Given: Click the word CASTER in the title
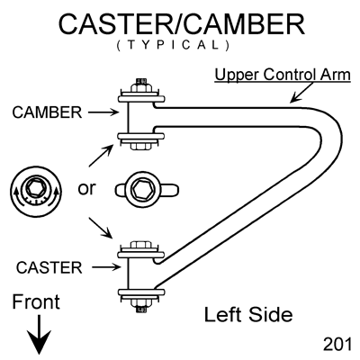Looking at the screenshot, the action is coord(114,24).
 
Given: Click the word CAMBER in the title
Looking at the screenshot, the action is coord(244,24).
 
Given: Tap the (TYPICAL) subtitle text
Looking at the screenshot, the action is coord(173,45).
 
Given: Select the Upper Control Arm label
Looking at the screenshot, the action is coord(283,75).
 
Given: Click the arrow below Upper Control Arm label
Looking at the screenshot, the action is coord(302,93).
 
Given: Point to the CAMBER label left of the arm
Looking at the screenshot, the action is coord(47,112).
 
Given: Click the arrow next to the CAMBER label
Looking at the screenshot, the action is coord(103,112).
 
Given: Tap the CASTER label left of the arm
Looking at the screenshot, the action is coord(49,267).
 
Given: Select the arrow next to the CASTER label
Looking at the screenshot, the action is coord(106,267).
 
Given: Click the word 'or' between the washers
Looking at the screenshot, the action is coord(86,189).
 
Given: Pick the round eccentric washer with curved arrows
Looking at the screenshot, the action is coord(36,193).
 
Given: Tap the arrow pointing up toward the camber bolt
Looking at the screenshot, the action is coord(101,156).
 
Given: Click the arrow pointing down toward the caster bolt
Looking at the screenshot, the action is coord(101,229).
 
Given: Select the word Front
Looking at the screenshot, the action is coord(36,302).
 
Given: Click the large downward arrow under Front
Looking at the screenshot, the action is coord(39,334).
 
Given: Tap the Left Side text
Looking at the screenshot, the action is coord(248,315).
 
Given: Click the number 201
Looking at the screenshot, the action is coord(337,345).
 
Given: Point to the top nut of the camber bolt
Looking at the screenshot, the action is coord(141,87).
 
